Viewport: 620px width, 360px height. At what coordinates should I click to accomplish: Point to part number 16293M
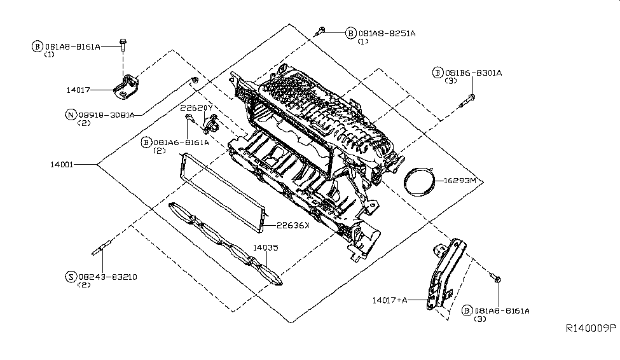pyautogui.click(x=460, y=181)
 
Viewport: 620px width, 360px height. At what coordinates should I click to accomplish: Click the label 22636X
pyautogui.click(x=293, y=225)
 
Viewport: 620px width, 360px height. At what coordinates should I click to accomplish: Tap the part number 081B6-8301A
pyautogui.click(x=473, y=73)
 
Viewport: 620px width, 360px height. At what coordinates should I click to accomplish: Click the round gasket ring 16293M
pyautogui.click(x=420, y=181)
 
